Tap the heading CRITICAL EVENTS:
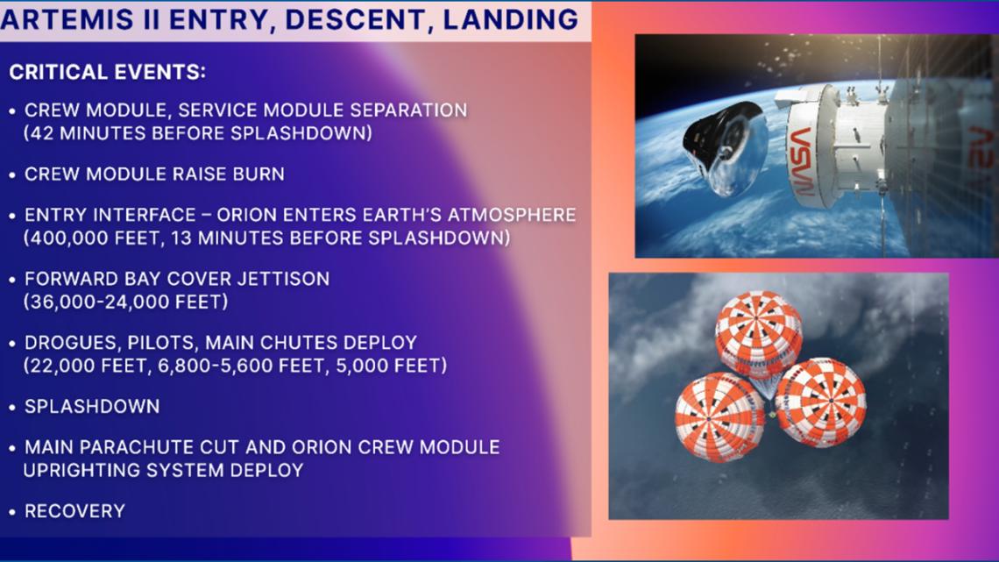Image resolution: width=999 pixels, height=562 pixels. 108,73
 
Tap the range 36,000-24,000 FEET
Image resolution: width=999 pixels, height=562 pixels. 126,302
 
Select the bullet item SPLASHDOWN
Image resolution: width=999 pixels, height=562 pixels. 92,407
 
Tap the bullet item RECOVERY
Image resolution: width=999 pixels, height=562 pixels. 74,511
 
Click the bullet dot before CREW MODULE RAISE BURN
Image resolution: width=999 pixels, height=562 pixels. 11,174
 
